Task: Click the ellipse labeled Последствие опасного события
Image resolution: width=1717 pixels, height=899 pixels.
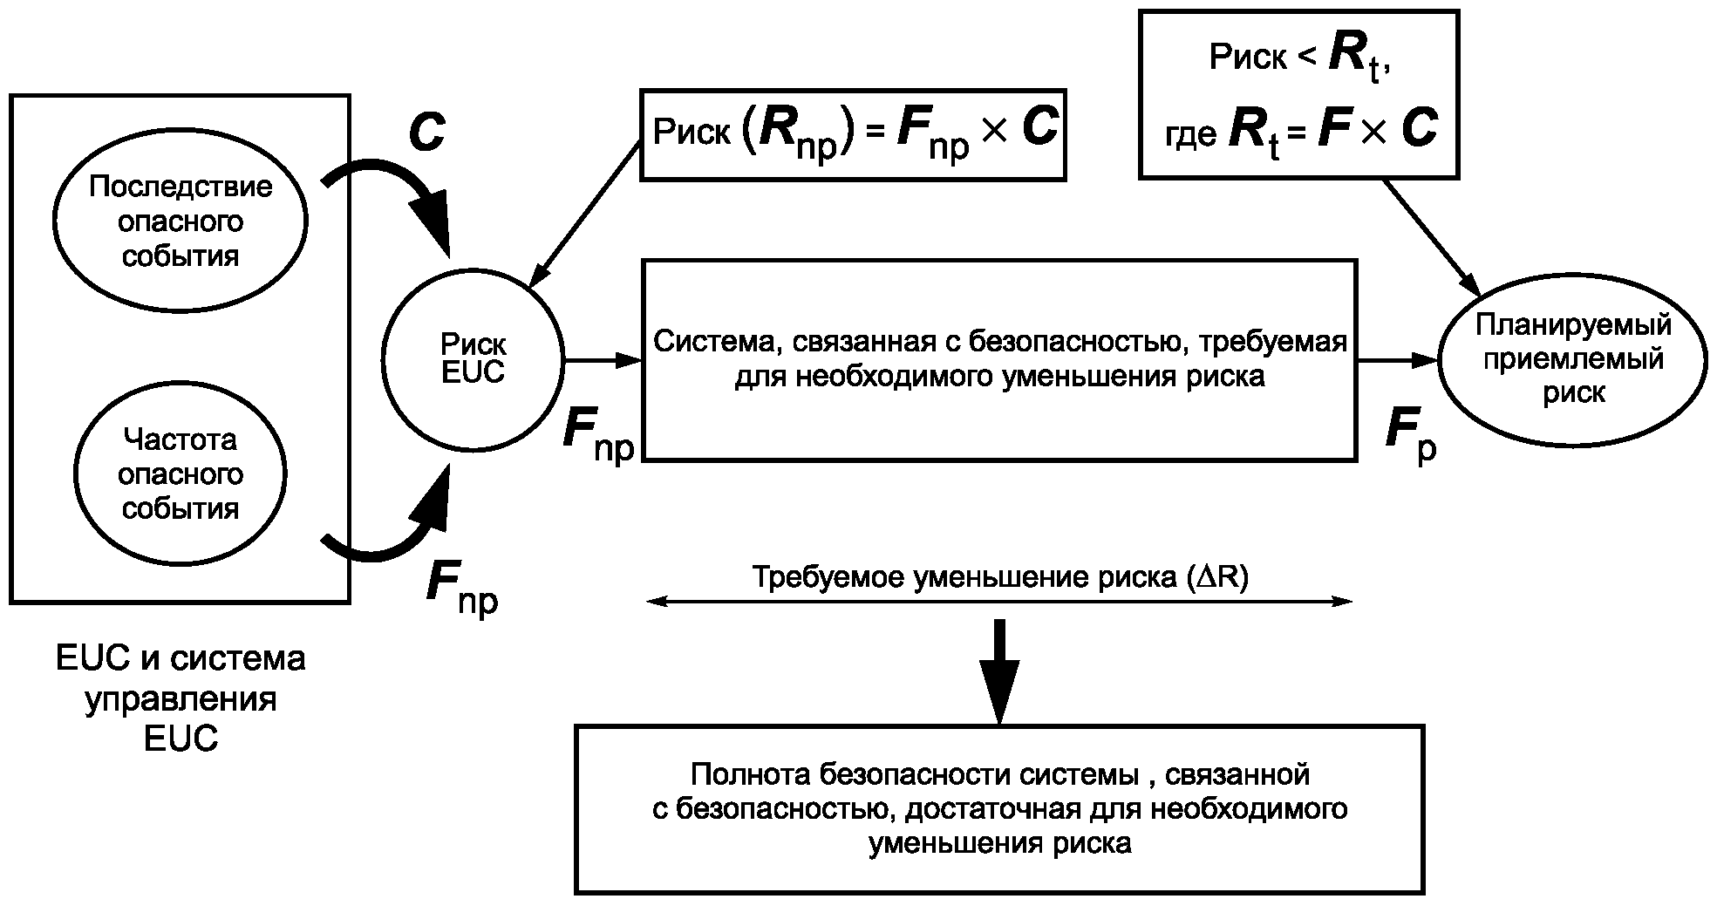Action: click(x=181, y=221)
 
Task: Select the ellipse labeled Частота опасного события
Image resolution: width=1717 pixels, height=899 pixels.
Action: click(x=181, y=474)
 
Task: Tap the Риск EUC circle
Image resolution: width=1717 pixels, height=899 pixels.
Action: click(x=473, y=358)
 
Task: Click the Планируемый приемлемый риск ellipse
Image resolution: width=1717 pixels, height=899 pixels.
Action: click(x=1572, y=359)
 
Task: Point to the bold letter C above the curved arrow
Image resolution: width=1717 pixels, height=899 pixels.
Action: click(x=426, y=133)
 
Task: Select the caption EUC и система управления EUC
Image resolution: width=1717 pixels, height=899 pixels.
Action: click(x=181, y=698)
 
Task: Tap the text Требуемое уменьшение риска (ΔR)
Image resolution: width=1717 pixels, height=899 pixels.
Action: click(x=999, y=577)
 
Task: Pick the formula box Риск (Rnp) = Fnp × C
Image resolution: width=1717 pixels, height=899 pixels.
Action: click(x=853, y=135)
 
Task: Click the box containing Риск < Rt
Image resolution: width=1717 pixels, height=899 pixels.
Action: click(x=1298, y=94)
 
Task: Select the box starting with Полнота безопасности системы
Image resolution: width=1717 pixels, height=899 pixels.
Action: click(x=999, y=808)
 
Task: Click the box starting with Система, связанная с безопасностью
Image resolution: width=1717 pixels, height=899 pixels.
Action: click(x=999, y=359)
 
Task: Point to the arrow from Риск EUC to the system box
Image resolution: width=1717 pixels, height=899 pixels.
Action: click(x=602, y=359)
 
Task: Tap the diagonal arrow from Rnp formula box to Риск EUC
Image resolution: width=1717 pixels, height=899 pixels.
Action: click(x=584, y=215)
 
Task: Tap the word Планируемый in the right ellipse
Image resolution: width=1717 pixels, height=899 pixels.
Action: click(x=1573, y=325)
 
